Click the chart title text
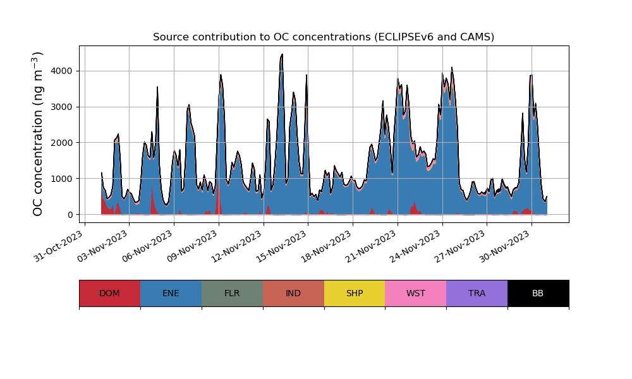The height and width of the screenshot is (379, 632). (324, 37)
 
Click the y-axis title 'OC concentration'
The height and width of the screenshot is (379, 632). (38, 134)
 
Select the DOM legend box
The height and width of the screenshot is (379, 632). (109, 293)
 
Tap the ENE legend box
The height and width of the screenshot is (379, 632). (171, 293)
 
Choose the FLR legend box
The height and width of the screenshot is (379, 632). (232, 293)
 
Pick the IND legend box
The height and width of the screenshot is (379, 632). (293, 293)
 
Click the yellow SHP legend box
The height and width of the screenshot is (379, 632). (355, 293)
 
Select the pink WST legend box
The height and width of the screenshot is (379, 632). (416, 293)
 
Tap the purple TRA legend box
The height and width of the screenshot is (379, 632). (477, 293)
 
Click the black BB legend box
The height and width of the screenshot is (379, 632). (538, 293)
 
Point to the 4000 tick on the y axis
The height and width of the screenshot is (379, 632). (63, 71)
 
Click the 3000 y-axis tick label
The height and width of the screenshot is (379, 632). (63, 107)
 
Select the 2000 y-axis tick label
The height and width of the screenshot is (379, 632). (63, 143)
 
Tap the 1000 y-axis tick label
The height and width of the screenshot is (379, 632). (63, 179)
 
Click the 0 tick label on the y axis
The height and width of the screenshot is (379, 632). (71, 215)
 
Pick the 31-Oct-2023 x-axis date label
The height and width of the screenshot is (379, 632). (59, 246)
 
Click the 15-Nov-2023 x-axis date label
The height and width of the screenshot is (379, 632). (283, 246)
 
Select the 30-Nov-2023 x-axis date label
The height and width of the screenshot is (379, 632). (506, 246)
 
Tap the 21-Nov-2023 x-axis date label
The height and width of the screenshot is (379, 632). (372, 246)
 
